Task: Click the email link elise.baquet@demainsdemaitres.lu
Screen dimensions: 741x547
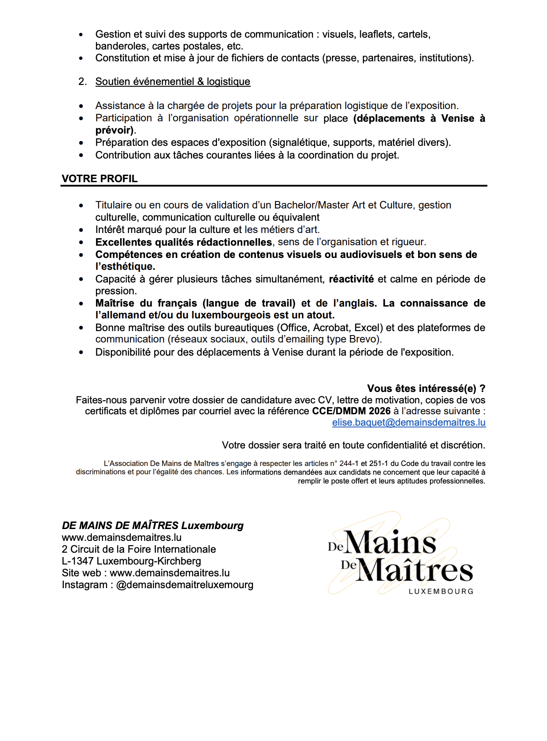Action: pyautogui.click(x=408, y=423)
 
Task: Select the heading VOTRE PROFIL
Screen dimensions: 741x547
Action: pyautogui.click(x=99, y=179)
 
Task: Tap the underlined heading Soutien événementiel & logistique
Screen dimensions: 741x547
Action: pyautogui.click(x=173, y=82)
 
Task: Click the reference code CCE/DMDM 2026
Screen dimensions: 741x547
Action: pyautogui.click(x=351, y=411)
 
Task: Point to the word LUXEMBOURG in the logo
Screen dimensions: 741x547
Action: pyautogui.click(x=441, y=591)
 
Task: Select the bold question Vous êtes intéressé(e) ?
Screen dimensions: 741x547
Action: pyautogui.click(x=426, y=388)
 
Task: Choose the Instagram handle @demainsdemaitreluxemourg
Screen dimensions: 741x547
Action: pyautogui.click(x=185, y=585)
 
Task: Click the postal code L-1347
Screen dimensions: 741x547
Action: pyautogui.click(x=78, y=561)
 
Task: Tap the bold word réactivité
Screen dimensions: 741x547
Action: pyautogui.click(x=351, y=279)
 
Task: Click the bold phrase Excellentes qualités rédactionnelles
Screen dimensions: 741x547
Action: pyautogui.click(x=184, y=242)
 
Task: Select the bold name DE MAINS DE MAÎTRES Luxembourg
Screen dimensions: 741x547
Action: pyautogui.click(x=153, y=526)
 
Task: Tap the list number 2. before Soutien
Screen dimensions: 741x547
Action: pyautogui.click(x=82, y=82)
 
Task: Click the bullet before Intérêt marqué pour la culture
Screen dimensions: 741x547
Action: pyautogui.click(x=81, y=230)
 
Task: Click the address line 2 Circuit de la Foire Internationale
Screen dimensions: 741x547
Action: pyautogui.click(x=139, y=550)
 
